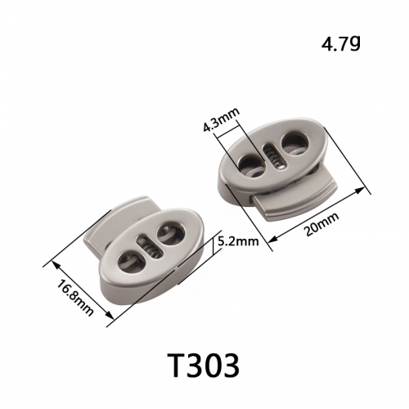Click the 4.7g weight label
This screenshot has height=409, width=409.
point(341,43)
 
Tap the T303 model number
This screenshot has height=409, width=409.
point(202,364)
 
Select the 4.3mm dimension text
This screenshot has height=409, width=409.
point(222,121)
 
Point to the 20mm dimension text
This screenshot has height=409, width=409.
point(321,224)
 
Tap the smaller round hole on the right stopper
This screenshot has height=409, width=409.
point(250,164)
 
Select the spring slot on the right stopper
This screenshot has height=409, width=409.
point(275,156)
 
